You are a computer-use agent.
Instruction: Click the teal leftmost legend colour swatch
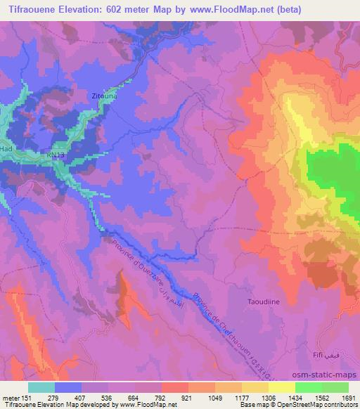41,387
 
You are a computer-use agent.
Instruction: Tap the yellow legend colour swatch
281,387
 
